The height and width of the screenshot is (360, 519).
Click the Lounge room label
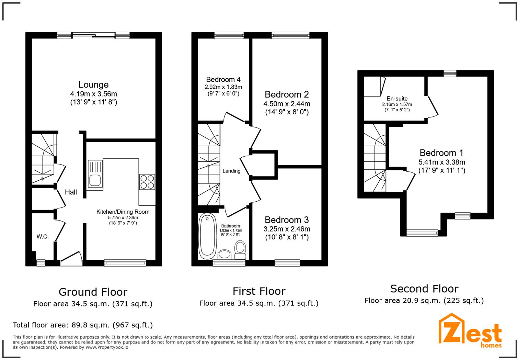pyautogui.click(x=93, y=85)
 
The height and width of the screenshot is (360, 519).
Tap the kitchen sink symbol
pyautogui.click(x=95, y=174)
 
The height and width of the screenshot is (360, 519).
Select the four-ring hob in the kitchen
pyautogui.click(x=147, y=182)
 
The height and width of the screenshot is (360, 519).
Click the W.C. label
pyautogui.click(x=43, y=237)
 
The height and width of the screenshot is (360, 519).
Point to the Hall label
pyautogui.click(x=71, y=192)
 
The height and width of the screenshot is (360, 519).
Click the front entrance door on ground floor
pyautogui.click(x=71, y=259)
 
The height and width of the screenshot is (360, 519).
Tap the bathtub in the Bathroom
pyautogui.click(x=207, y=236)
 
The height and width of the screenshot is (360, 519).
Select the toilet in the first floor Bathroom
pyautogui.click(x=240, y=250)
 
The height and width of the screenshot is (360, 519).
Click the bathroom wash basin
pyautogui.click(x=225, y=255)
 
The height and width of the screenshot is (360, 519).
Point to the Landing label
pyautogui.click(x=231, y=171)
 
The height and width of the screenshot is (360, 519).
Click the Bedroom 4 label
pyautogui.click(x=223, y=80)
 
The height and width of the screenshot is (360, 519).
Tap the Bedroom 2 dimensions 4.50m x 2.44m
pyautogui.click(x=287, y=104)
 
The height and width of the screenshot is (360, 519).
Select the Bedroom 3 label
pyautogui.click(x=287, y=220)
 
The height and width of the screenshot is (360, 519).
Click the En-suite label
pyautogui.click(x=397, y=99)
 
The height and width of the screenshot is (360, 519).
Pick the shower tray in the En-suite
pyautogui.click(x=373, y=87)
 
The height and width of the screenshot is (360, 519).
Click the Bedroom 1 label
pyautogui.click(x=441, y=153)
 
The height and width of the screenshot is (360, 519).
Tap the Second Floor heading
pyautogui.click(x=424, y=289)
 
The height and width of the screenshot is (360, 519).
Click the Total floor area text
pyautogui.click(x=83, y=325)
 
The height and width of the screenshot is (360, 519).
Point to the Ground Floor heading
pyautogui.click(x=93, y=292)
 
